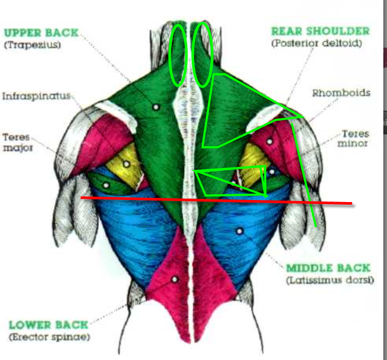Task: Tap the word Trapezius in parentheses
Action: click(33, 45)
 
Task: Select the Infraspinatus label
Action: click(36, 97)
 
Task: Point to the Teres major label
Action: click(17, 142)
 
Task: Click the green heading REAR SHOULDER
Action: click(320, 31)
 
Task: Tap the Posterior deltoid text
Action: click(317, 44)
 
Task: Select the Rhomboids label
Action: click(341, 93)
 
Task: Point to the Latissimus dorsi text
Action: click(330, 280)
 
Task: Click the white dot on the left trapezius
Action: click(155, 107)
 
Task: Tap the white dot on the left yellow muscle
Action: click(126, 164)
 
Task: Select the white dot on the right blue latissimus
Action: click(239, 230)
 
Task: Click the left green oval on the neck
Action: click(179, 55)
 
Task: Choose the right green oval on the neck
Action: click(203, 55)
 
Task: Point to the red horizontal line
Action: click(215, 200)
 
